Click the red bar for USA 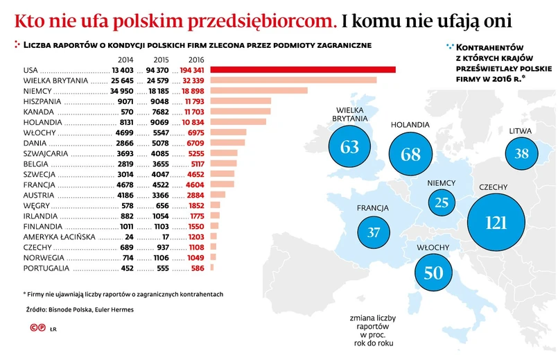click(x=302, y=69)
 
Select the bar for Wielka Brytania click(x=293, y=80)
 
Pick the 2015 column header click(x=161, y=59)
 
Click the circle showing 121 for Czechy click(x=497, y=222)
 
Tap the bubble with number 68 click(x=411, y=154)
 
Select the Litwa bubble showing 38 click(x=522, y=153)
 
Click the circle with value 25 click(x=442, y=203)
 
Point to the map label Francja click(x=372, y=208)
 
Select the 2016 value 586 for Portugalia click(x=198, y=267)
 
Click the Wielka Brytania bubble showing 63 click(x=350, y=147)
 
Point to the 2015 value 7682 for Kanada click(x=161, y=111)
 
